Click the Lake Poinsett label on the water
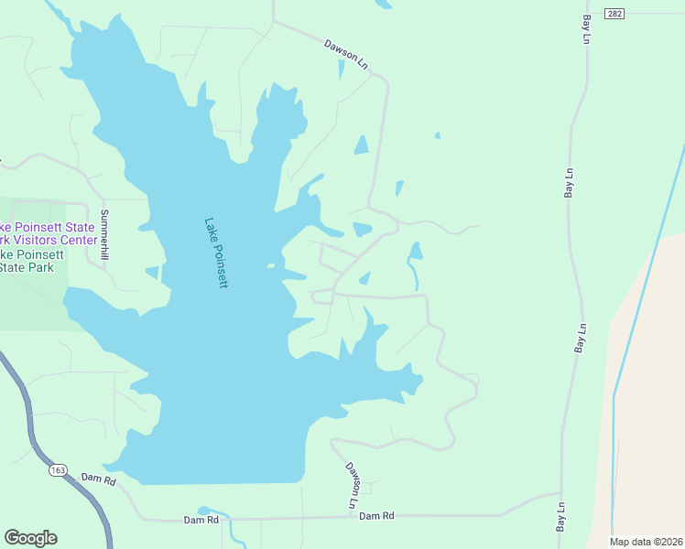pyautogui.click(x=215, y=253)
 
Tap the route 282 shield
pyautogui.click(x=614, y=14)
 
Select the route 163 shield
pyautogui.click(x=58, y=470)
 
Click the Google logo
pyautogui.click(x=30, y=538)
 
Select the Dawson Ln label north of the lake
pyautogui.click(x=345, y=54)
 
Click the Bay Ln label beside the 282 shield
pyautogui.click(x=584, y=28)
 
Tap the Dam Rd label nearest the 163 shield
pyautogui.click(x=98, y=479)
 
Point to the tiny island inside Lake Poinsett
pyautogui.click(x=270, y=266)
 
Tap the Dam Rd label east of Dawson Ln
pyautogui.click(x=376, y=516)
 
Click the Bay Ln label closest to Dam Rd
pyautogui.click(x=560, y=519)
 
